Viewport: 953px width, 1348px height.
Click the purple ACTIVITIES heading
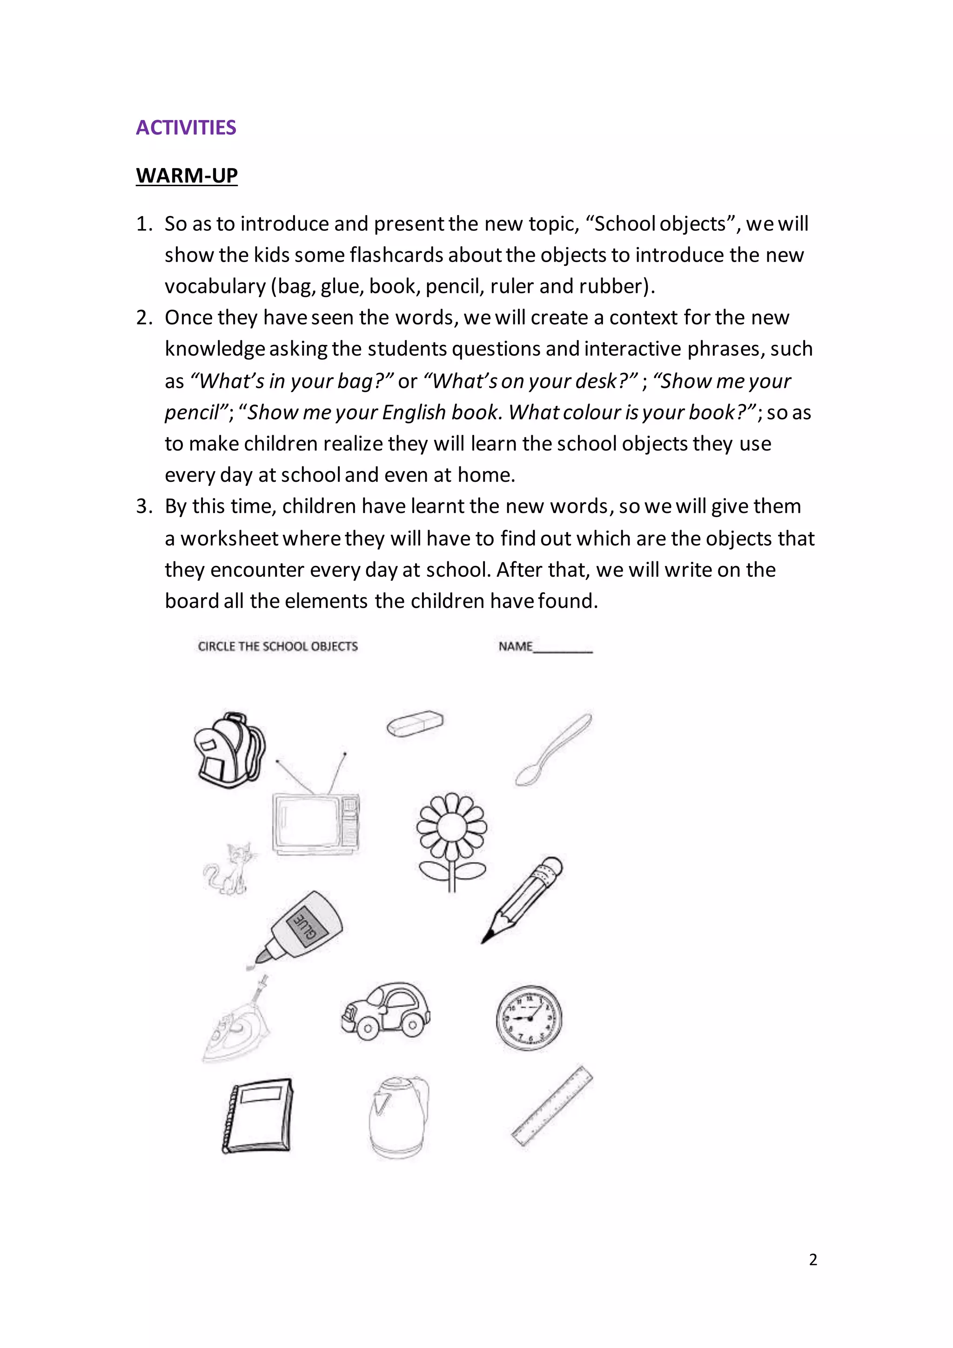[x=186, y=128]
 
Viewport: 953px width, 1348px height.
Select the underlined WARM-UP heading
[x=187, y=175]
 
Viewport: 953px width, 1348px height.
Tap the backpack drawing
[x=229, y=750]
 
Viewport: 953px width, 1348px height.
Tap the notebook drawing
[x=257, y=1116]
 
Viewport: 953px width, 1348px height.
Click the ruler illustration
[x=551, y=1106]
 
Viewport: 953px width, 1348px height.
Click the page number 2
[x=813, y=1260]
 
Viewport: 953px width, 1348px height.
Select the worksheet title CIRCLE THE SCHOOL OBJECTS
[x=277, y=647]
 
